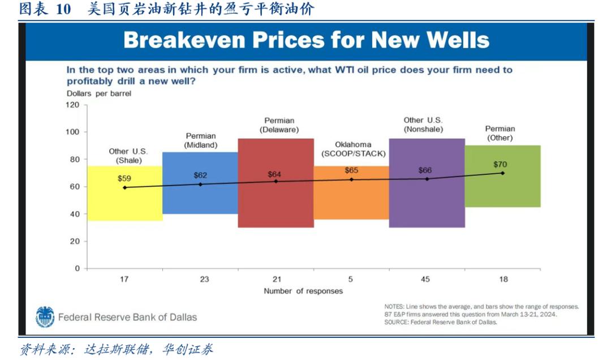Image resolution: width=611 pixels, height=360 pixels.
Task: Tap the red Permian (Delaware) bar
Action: [x=276, y=204]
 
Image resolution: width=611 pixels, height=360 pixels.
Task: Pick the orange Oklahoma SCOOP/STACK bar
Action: [x=351, y=201]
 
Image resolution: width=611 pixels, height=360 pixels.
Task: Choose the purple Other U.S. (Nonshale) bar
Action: [x=427, y=204]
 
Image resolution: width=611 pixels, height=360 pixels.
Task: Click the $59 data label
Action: [x=124, y=178]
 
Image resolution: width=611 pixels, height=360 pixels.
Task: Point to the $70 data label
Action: [x=500, y=165]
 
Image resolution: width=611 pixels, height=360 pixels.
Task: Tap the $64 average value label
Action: [x=274, y=174]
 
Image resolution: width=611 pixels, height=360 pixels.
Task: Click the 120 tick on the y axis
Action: [x=74, y=105]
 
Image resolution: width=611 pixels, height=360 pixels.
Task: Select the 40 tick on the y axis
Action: [x=75, y=215]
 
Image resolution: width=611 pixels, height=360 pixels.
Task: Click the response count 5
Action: [x=350, y=279]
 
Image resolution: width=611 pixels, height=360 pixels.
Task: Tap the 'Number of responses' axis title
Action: [x=303, y=291]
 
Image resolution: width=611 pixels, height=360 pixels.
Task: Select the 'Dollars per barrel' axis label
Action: [x=98, y=93]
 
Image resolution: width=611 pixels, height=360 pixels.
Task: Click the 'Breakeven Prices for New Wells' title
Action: [x=306, y=40]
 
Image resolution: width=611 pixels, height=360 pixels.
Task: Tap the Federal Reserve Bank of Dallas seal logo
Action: [x=45, y=317]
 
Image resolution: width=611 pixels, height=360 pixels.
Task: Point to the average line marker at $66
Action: [x=427, y=179]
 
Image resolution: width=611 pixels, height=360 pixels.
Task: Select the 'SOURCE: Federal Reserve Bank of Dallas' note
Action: [x=441, y=322]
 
